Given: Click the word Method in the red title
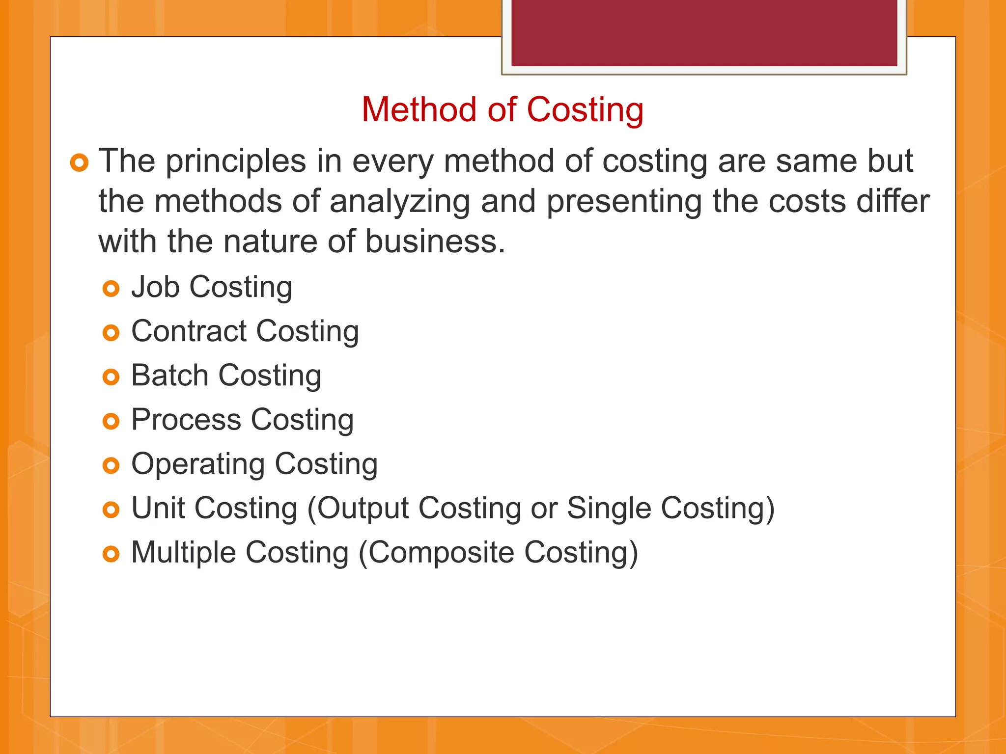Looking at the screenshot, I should pyautogui.click(x=419, y=109).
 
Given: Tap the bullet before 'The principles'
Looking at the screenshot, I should pyautogui.click(x=79, y=162).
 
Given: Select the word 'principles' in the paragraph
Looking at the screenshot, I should pyautogui.click(x=235, y=162).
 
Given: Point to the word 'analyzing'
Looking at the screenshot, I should pyautogui.click(x=400, y=202).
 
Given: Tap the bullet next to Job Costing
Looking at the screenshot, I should pyautogui.click(x=111, y=289).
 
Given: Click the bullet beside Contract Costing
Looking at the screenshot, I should pyautogui.click(x=111, y=333).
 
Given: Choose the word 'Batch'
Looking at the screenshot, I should pyautogui.click(x=170, y=376).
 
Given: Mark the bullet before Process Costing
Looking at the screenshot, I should pyautogui.click(x=111, y=421).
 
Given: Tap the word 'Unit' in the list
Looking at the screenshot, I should pyautogui.click(x=158, y=508).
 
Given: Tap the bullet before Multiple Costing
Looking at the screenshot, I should pyautogui.click(x=111, y=554).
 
